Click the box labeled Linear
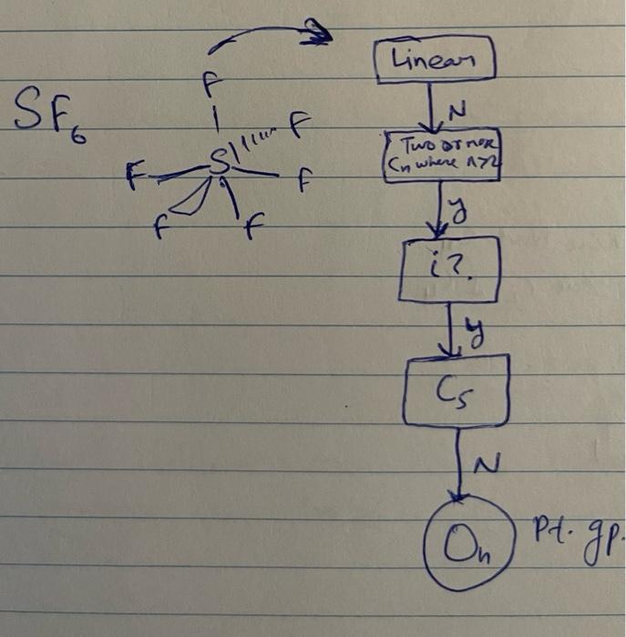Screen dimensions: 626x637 (434, 61)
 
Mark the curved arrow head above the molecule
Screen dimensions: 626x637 (318, 36)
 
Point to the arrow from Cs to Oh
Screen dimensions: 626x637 (461, 460)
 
